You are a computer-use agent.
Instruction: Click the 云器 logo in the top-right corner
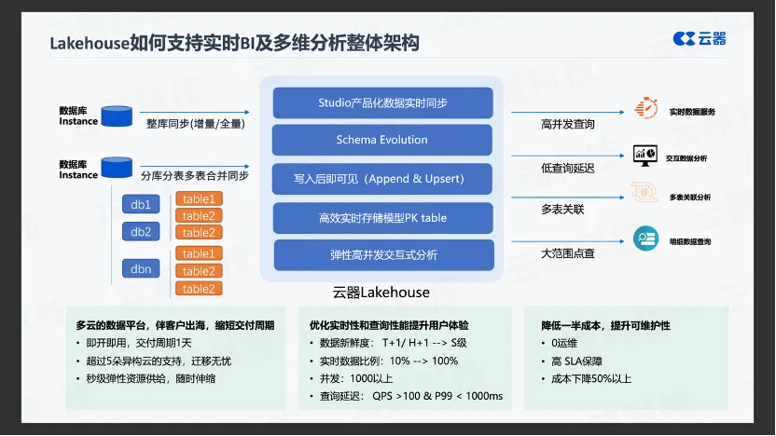click(x=700, y=38)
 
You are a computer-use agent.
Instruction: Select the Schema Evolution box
click(x=382, y=140)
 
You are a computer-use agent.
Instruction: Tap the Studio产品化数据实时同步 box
click(x=382, y=102)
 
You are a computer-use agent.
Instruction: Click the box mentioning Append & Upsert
click(x=382, y=179)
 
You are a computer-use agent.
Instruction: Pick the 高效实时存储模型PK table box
click(x=382, y=217)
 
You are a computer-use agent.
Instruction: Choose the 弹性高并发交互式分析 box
click(x=383, y=255)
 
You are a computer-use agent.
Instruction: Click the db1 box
click(x=141, y=204)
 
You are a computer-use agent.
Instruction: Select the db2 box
click(x=141, y=231)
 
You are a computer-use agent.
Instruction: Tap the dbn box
click(x=141, y=269)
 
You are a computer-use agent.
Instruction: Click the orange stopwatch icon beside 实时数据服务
click(x=645, y=108)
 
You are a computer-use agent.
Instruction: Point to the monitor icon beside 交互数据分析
click(x=645, y=156)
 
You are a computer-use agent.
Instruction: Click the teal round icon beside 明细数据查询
click(x=645, y=238)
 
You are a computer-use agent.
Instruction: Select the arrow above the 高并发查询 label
click(x=568, y=112)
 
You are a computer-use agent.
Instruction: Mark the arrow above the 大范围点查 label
click(x=568, y=241)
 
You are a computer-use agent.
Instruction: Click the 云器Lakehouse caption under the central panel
click(x=381, y=293)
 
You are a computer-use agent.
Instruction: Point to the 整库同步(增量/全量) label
click(x=196, y=124)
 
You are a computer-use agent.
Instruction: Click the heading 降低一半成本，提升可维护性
click(x=605, y=325)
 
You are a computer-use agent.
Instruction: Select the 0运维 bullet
click(x=561, y=343)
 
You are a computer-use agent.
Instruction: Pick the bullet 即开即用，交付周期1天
click(x=134, y=343)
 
